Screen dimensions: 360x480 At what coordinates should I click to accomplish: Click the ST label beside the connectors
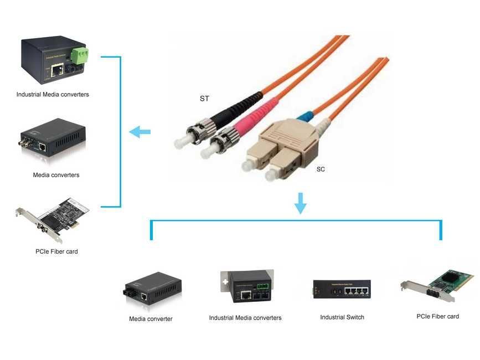click(x=204, y=99)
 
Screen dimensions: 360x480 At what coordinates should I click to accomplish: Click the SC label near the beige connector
click(x=321, y=169)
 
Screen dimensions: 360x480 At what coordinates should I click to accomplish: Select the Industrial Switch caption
click(x=342, y=317)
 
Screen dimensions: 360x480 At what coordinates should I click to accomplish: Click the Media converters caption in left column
click(x=56, y=175)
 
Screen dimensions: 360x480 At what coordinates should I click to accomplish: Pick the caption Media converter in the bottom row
click(x=151, y=319)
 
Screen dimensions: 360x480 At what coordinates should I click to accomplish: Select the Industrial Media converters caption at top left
click(x=53, y=95)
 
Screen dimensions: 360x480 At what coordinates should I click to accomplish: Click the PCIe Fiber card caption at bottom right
click(x=437, y=317)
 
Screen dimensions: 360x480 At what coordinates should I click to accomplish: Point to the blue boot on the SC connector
click(x=304, y=116)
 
